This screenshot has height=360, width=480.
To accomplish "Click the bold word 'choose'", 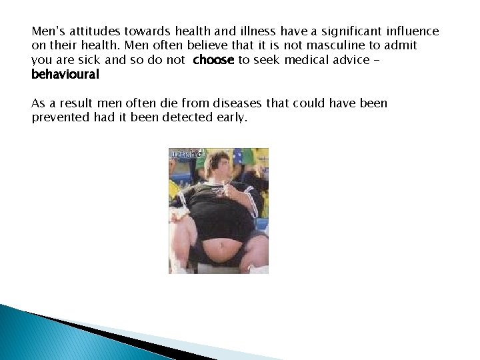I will pyautogui.click(x=213, y=60).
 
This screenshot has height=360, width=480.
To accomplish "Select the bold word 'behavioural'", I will pyautogui.click(x=65, y=74).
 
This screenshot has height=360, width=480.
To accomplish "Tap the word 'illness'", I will pyautogui.click(x=253, y=31).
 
